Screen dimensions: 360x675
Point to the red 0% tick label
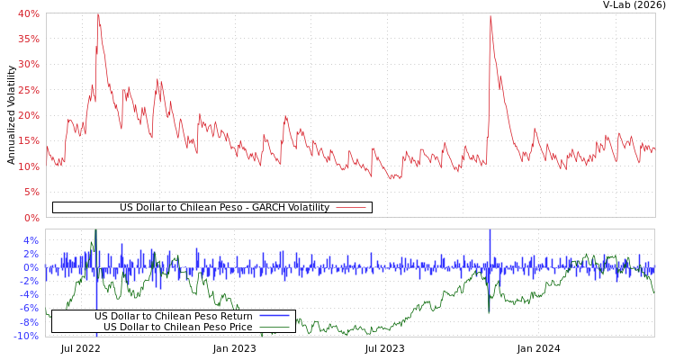[31, 217]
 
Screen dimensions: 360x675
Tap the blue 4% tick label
[31, 240]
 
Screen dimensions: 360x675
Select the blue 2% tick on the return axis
[31, 254]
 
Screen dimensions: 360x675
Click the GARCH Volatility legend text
[224, 207]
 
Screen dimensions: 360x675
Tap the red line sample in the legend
[350, 207]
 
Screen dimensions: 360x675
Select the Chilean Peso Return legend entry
[173, 316]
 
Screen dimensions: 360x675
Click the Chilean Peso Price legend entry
[177, 327]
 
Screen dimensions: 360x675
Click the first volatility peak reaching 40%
[97, 15]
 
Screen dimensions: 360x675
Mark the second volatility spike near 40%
[490, 16]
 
